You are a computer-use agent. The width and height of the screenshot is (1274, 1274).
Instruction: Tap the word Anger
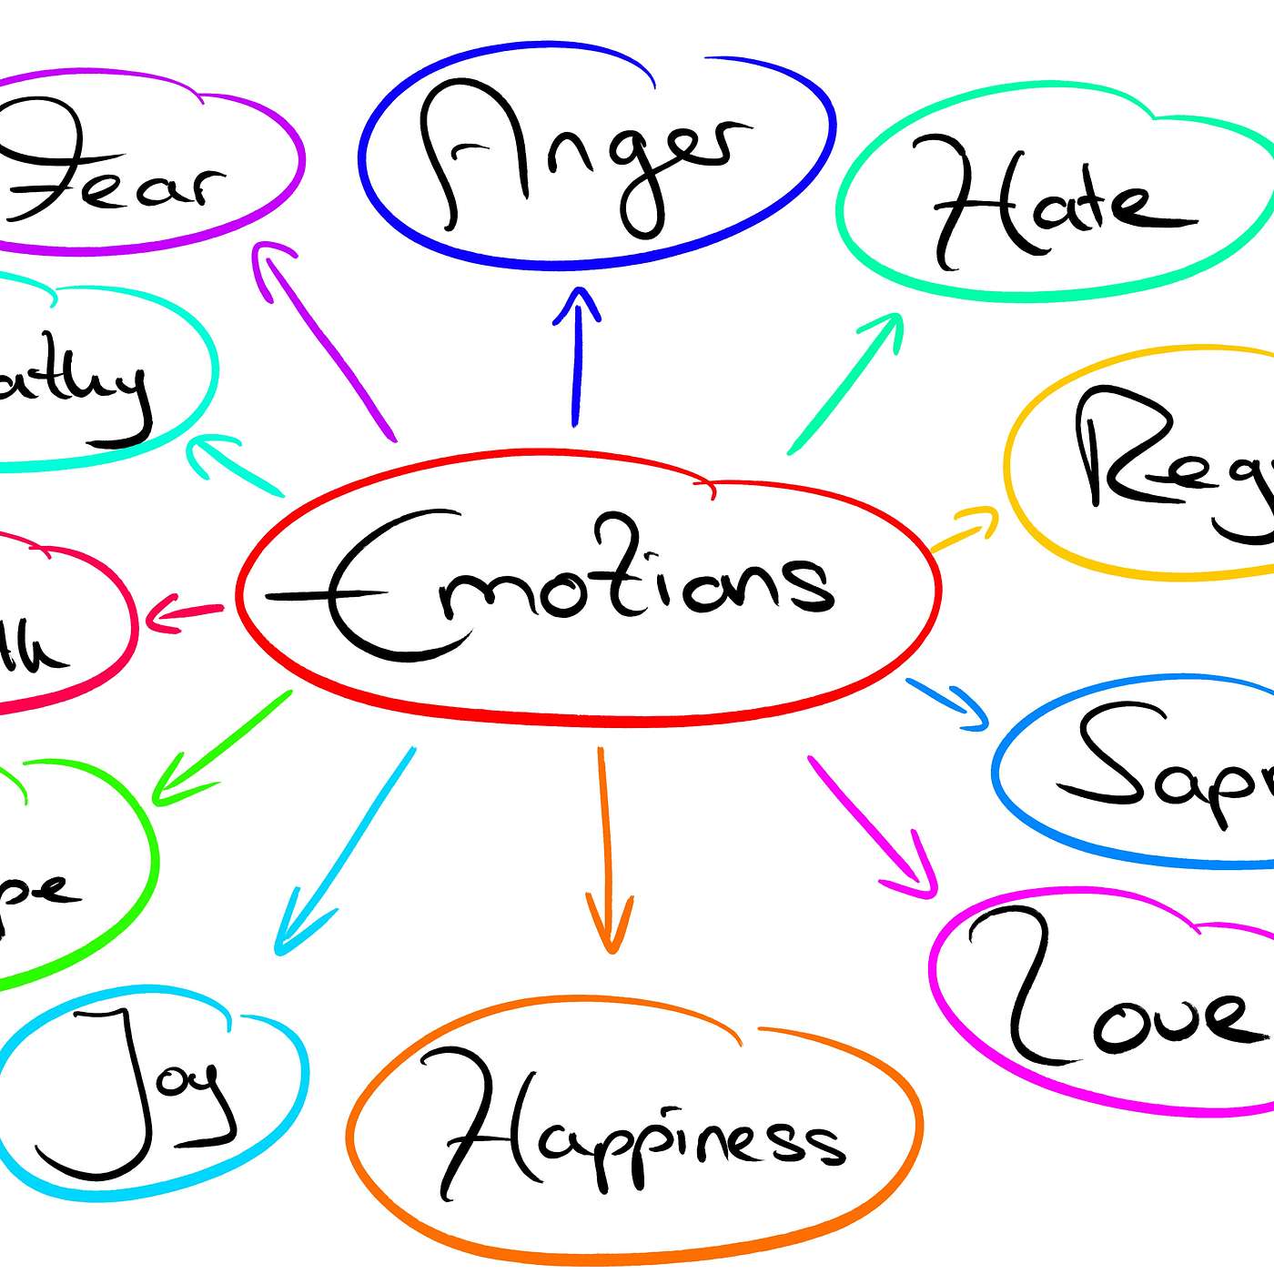[x=582, y=155]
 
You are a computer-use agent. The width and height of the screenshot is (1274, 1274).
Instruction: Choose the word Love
[x=1119, y=1001]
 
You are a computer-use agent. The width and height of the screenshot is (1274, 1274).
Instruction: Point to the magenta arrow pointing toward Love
[x=874, y=828]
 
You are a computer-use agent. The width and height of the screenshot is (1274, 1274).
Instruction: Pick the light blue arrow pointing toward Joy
[x=346, y=851]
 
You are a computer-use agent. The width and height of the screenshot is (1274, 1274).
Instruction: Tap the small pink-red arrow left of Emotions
[x=182, y=613]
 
